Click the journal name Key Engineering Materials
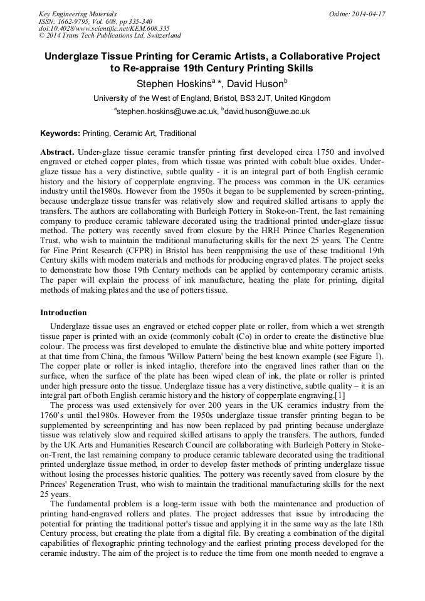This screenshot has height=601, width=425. click(x=77, y=13)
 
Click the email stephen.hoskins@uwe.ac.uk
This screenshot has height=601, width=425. click(x=167, y=112)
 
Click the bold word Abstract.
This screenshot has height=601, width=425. click(x=57, y=152)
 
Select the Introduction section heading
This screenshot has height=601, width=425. click(x=63, y=313)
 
